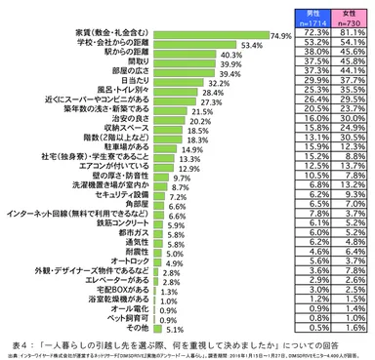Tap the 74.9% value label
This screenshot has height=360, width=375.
click(x=282, y=36)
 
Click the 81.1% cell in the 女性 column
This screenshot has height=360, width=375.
click(x=349, y=32)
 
